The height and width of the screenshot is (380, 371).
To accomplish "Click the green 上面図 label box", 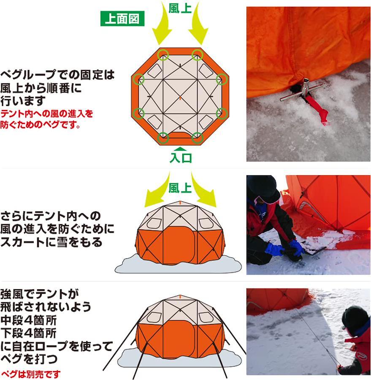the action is tap(122, 19).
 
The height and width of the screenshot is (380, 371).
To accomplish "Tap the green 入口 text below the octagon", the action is tap(181, 158).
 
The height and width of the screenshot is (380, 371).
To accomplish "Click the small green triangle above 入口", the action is tap(181, 149).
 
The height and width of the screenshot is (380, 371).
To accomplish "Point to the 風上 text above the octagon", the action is tap(180, 8).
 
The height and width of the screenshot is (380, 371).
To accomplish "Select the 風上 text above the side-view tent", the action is tap(180, 188).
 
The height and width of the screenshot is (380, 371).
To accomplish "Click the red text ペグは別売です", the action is tap(31, 374).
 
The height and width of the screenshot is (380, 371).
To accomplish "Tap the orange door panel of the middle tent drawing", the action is tap(180, 245).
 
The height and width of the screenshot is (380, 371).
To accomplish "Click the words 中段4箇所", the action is tap(29, 320).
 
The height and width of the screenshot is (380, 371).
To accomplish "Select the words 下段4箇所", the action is tap(29, 333).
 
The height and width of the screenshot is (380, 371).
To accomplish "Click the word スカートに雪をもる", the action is tap(51, 242).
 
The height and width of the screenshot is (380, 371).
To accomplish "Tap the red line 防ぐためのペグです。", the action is tap(40, 125).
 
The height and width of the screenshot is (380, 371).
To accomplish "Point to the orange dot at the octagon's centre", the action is tap(180, 98).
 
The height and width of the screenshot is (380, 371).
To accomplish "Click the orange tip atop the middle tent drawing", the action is tap(180, 203).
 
